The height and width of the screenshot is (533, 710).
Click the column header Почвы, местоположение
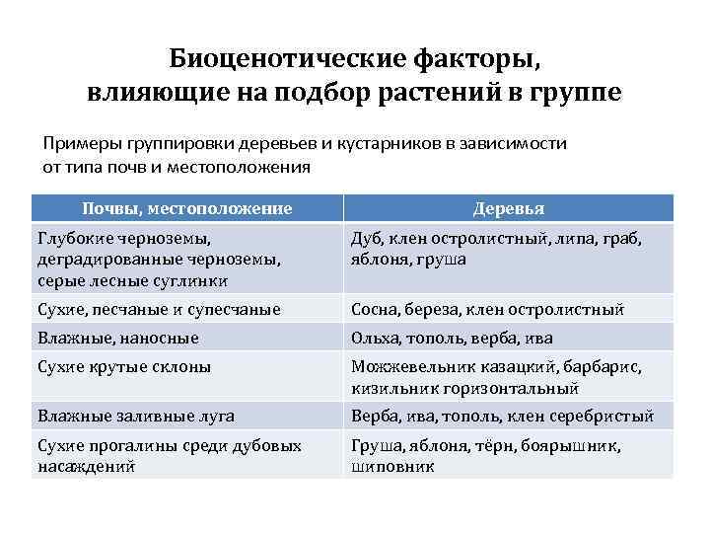coord(186,208)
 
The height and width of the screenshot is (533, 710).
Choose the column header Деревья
coord(509,208)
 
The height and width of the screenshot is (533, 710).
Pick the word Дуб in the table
coord(367,238)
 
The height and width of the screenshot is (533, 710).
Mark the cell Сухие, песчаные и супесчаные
coord(159,309)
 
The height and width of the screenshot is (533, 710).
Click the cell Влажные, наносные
coord(117,338)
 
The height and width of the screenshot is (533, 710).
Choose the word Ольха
coord(374,338)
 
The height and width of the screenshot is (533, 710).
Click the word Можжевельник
coord(405,366)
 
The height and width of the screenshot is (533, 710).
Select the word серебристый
coord(603,416)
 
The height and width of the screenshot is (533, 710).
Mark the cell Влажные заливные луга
coord(135,416)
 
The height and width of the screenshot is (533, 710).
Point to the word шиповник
coord(392,465)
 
